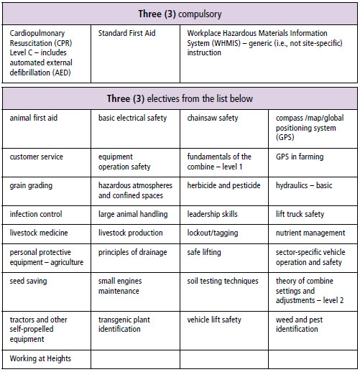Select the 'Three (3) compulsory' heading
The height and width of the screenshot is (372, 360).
point(180,14)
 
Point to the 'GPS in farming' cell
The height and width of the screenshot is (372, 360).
point(299,157)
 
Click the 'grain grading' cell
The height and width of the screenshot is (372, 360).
point(32,185)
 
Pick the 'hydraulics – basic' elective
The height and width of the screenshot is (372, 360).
point(304,185)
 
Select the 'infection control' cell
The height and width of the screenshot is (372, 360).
point(36,214)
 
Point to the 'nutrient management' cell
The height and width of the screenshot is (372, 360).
point(310,233)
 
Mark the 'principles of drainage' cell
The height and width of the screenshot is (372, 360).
point(132,252)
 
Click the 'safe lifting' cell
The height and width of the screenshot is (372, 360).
point(204,252)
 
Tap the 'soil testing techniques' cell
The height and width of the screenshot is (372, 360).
point(222,281)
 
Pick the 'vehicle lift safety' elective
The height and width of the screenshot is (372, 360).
point(214,320)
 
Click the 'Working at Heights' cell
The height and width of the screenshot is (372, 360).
point(40,358)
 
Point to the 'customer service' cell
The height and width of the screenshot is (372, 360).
point(36,157)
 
